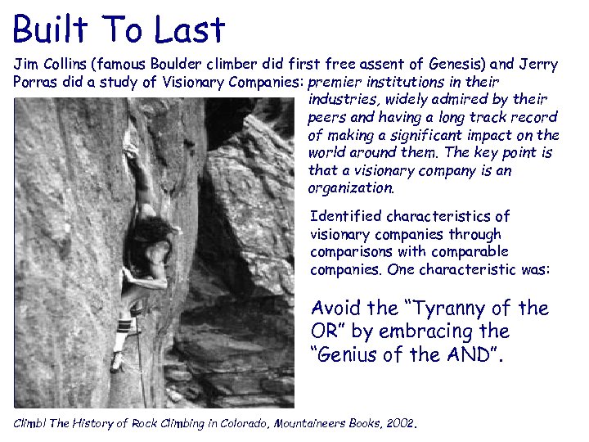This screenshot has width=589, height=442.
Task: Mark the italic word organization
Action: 350,187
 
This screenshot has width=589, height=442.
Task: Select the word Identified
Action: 346,216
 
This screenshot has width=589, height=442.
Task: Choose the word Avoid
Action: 336,309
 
